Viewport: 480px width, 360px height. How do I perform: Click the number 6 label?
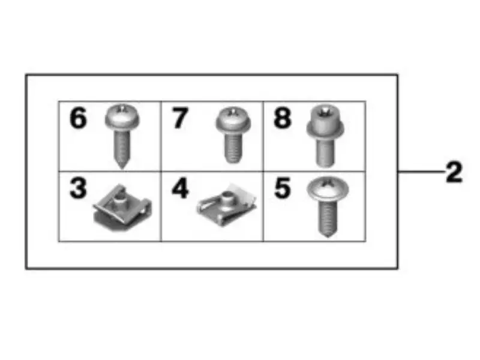[78, 118]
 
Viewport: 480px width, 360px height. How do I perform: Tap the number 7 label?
[180, 118]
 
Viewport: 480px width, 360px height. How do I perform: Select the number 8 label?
[283, 118]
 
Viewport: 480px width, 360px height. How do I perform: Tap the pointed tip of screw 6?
[123, 164]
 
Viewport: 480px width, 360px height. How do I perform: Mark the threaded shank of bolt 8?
[325, 152]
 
